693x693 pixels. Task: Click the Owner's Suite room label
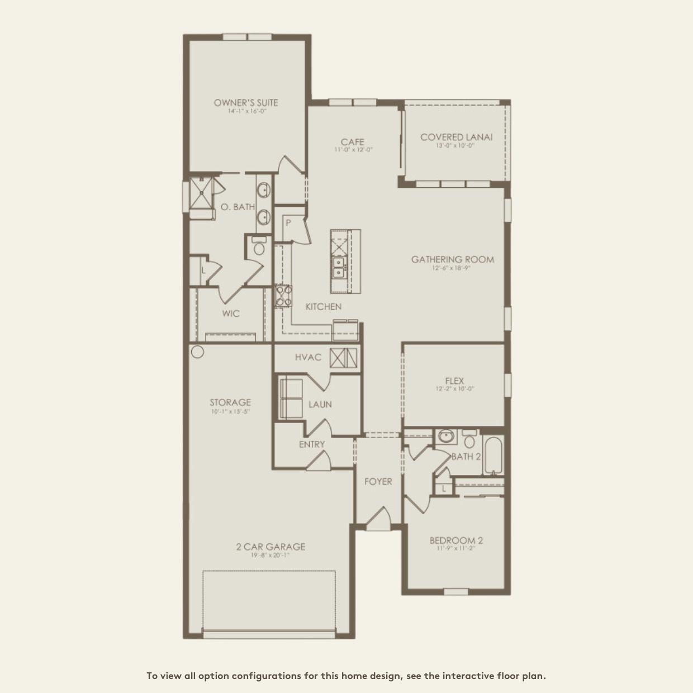click(245, 103)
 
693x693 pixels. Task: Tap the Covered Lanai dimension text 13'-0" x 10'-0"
click(455, 145)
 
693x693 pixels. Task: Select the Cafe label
click(353, 142)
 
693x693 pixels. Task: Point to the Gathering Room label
click(453, 259)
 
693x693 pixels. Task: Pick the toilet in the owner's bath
click(259, 247)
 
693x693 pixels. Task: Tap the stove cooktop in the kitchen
click(283, 296)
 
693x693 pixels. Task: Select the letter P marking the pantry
click(288, 223)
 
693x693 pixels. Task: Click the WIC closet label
click(231, 314)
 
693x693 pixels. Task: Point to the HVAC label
click(308, 357)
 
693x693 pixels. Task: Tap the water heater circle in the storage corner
click(197, 352)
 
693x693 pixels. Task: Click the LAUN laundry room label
click(320, 404)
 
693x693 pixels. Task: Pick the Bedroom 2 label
click(456, 540)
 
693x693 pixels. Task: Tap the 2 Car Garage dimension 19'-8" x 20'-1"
click(270, 555)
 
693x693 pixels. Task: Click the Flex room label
click(455, 381)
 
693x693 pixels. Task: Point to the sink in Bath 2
click(445, 436)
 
